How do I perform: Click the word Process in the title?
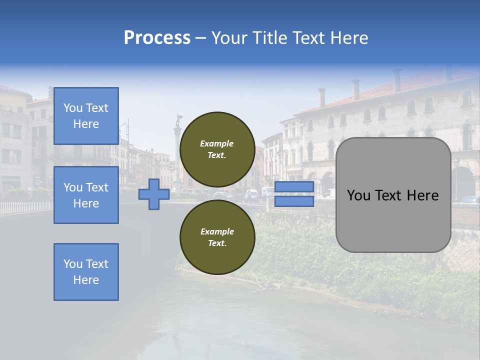(157, 38)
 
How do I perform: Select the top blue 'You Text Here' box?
(86, 116)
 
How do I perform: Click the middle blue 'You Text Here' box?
(86, 195)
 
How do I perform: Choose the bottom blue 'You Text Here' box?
(86, 272)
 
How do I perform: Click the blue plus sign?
(154, 194)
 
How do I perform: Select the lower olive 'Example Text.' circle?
(217, 237)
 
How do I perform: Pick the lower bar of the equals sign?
(294, 201)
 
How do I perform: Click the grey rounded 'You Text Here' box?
(393, 195)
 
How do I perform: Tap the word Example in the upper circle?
(217, 143)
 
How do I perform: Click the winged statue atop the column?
(178, 120)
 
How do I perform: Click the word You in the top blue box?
(73, 108)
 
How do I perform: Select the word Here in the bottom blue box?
(86, 280)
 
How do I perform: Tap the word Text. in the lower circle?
(217, 243)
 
